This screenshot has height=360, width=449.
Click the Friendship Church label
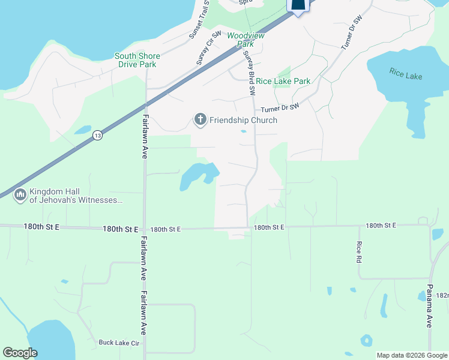pyautogui.click(x=243, y=120)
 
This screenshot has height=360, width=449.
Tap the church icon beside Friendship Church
pyautogui.click(x=200, y=120)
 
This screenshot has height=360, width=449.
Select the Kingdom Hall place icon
pyautogui.click(x=20, y=195)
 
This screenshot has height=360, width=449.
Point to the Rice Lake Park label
pyautogui.click(x=283, y=81)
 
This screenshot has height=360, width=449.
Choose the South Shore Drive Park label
pyautogui.click(x=136, y=60)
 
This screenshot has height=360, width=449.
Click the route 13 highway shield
pyautogui.click(x=97, y=137)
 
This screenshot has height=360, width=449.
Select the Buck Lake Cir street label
pyautogui.click(x=119, y=343)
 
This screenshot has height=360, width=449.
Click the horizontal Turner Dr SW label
pyautogui.click(x=280, y=109)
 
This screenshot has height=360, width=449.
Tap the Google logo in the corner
pyautogui.click(x=20, y=353)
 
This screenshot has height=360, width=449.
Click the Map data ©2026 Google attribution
pyautogui.click(x=412, y=355)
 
